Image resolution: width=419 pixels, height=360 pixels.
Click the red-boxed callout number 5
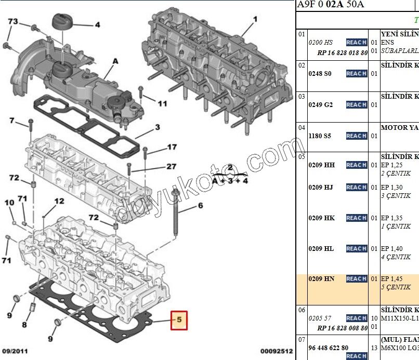click(178, 321)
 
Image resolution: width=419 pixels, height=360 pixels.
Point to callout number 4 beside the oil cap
click(97, 24)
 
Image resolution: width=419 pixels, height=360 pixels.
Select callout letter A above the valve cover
click(115, 61)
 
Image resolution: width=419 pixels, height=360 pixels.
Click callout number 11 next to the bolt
click(162, 103)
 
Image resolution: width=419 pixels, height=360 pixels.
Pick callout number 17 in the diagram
click(172, 148)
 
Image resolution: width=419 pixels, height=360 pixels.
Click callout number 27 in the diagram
click(172, 167)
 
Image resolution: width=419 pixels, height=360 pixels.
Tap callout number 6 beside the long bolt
click(200, 206)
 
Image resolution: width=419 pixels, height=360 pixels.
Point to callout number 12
click(59, 201)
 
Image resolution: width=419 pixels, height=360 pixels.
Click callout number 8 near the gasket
click(24, 326)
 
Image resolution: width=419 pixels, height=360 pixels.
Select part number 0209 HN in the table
click(321, 279)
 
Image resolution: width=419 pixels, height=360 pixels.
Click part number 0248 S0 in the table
click(320, 74)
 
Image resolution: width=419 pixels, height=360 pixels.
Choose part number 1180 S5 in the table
click(320, 136)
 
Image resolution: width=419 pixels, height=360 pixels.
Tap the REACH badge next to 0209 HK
click(357, 218)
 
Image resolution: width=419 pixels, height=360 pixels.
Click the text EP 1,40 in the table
click(391, 249)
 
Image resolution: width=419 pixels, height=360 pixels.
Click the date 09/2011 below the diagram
click(15, 351)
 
